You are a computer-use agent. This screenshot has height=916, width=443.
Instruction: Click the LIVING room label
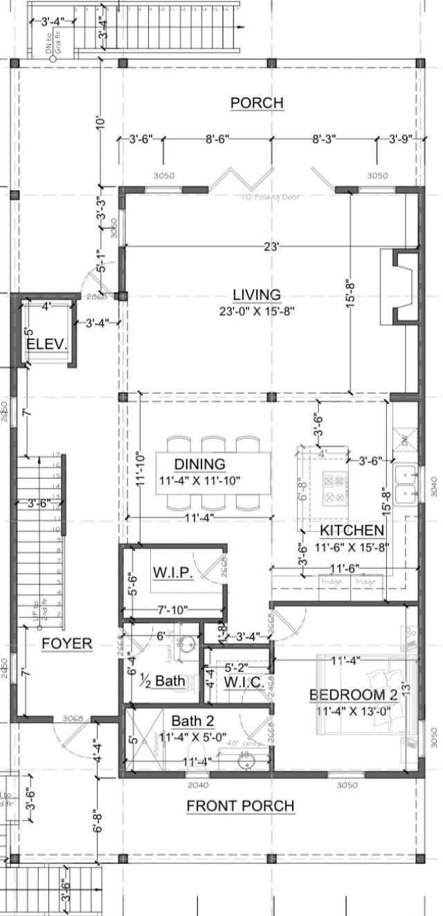click(256, 295)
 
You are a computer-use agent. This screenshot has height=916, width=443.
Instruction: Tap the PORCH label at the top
click(257, 103)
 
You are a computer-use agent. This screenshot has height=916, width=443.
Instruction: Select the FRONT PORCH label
click(240, 806)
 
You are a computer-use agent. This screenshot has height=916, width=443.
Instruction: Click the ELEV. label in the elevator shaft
click(47, 344)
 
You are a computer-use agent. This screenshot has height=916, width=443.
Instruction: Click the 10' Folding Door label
click(269, 197)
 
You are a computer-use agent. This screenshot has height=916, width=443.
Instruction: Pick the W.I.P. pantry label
click(172, 573)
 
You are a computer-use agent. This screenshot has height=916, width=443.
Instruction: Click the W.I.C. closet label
click(243, 682)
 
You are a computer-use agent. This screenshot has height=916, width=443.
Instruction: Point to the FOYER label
click(66, 644)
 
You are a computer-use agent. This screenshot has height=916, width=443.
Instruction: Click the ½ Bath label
click(163, 681)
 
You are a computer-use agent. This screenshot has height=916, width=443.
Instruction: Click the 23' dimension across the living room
click(271, 246)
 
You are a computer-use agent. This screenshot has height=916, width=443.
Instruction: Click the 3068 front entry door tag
click(72, 719)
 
